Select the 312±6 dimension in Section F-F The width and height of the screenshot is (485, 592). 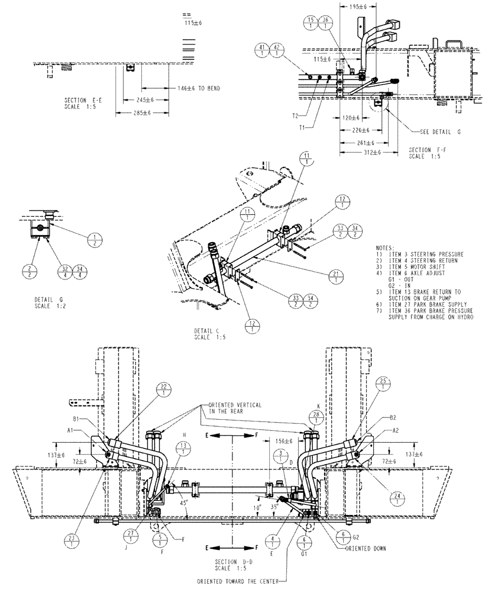360,152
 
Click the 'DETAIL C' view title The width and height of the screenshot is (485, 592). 207,330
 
